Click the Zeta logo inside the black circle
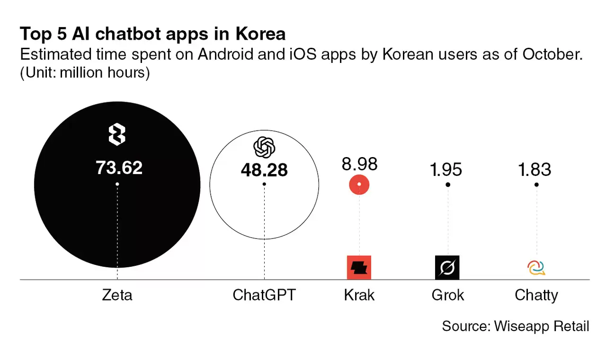click(x=117, y=134)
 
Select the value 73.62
click(x=119, y=167)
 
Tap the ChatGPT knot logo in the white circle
click(x=264, y=148)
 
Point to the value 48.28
click(x=264, y=170)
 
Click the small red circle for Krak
click(x=359, y=184)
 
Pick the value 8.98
click(x=359, y=164)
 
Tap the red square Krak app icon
click(x=359, y=268)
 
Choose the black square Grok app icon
click(x=447, y=268)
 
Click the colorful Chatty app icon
click(x=536, y=268)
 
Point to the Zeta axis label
click(x=117, y=296)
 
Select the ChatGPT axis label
click(x=264, y=296)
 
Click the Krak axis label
click(x=359, y=296)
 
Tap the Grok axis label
click(x=447, y=296)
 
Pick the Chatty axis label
click(x=536, y=296)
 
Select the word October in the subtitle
click(x=552, y=54)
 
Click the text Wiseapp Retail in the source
click(x=542, y=326)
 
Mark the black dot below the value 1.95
click(x=447, y=184)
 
